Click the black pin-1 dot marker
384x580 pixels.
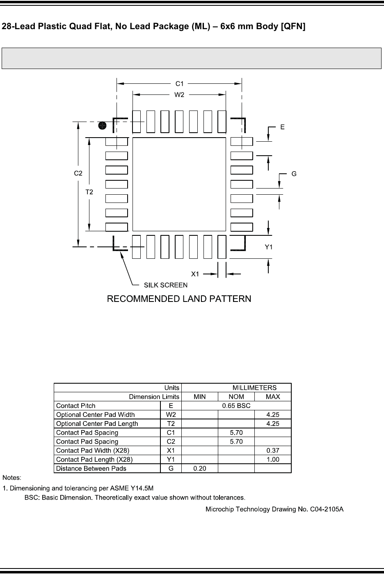103,126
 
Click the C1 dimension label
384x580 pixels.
179,84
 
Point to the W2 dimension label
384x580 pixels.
179,95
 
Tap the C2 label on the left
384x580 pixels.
78,173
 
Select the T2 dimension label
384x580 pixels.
89,192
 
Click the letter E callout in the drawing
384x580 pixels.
282,127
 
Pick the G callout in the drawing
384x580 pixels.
294,174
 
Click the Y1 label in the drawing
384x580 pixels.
269,247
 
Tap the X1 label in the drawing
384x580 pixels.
195,274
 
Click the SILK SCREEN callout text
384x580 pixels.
165,285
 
